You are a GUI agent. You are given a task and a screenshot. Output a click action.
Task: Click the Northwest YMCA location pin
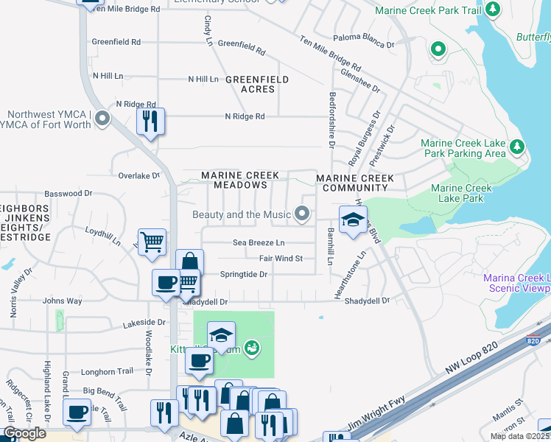[102, 118]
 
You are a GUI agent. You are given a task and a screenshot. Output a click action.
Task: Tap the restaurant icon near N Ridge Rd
[150, 122]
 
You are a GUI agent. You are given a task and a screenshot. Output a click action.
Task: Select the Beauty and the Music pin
[301, 214]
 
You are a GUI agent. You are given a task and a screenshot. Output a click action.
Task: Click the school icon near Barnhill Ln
[353, 220]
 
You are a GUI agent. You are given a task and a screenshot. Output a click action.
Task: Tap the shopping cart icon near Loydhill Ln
[152, 241]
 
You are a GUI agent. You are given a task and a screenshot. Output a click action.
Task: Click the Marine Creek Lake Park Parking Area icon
[517, 147]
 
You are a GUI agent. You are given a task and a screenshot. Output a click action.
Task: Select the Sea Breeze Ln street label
[258, 242]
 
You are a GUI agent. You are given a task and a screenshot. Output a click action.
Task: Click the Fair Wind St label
[281, 259]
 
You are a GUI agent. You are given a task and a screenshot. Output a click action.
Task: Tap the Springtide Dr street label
[243, 274]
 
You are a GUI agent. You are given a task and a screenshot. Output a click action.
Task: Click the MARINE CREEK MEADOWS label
[241, 180]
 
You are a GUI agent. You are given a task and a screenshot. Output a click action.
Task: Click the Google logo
[25, 433]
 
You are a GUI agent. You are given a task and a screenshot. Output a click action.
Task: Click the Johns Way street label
[62, 301]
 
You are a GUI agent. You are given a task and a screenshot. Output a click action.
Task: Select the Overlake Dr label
[139, 176]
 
